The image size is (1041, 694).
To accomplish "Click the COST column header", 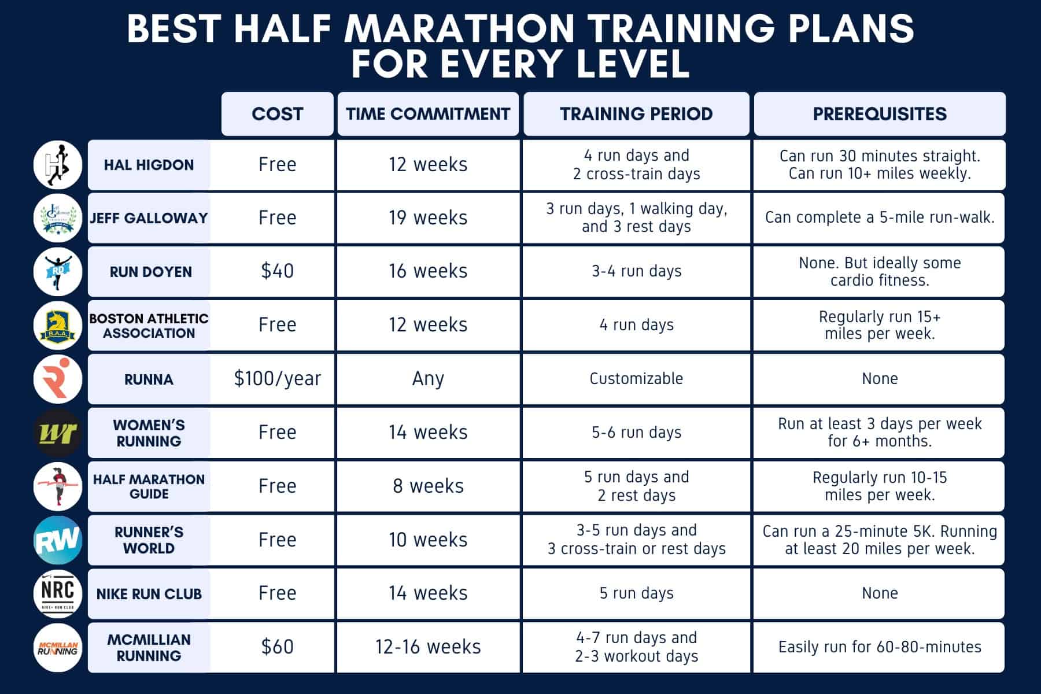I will pos(277,114).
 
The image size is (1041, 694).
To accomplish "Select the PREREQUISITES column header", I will pos(879,114).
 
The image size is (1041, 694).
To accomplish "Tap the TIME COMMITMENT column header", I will pos(428,114).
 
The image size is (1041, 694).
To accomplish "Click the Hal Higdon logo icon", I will pos(58,165).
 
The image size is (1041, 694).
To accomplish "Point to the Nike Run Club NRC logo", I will pos(58,593).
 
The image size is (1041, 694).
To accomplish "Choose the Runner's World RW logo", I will pos(58,540).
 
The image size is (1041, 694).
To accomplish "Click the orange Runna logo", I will pos(58,379).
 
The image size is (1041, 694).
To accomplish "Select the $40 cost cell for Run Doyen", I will pos(277,271).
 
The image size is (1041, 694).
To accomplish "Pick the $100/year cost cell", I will pos(277,379).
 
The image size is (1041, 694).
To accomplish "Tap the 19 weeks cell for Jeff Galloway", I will pos(428,218).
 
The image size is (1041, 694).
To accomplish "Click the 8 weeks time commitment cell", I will pos(428,486).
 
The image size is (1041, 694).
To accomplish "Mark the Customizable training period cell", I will pos(636,379).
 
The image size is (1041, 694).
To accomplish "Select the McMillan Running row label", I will pos(149,648).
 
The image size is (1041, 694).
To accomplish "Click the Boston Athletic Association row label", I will pos(149,326).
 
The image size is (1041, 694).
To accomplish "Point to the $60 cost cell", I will pos(277,647).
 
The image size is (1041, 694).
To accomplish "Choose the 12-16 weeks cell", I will pos(428,647).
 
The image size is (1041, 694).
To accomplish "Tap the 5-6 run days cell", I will pos(636,433).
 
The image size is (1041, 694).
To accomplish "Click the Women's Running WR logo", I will pos(58,433).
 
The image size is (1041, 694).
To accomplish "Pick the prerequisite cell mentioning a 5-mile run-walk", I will pos(879,218).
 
